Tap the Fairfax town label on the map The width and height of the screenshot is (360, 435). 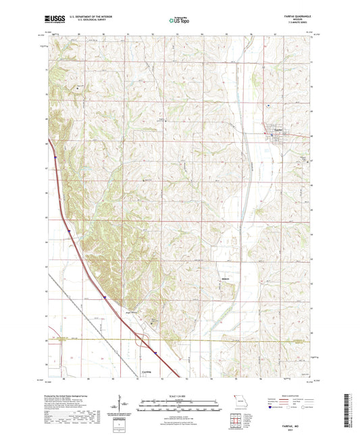277,132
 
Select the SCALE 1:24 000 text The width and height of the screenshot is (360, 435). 180,395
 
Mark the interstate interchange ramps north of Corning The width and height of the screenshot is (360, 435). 141,341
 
